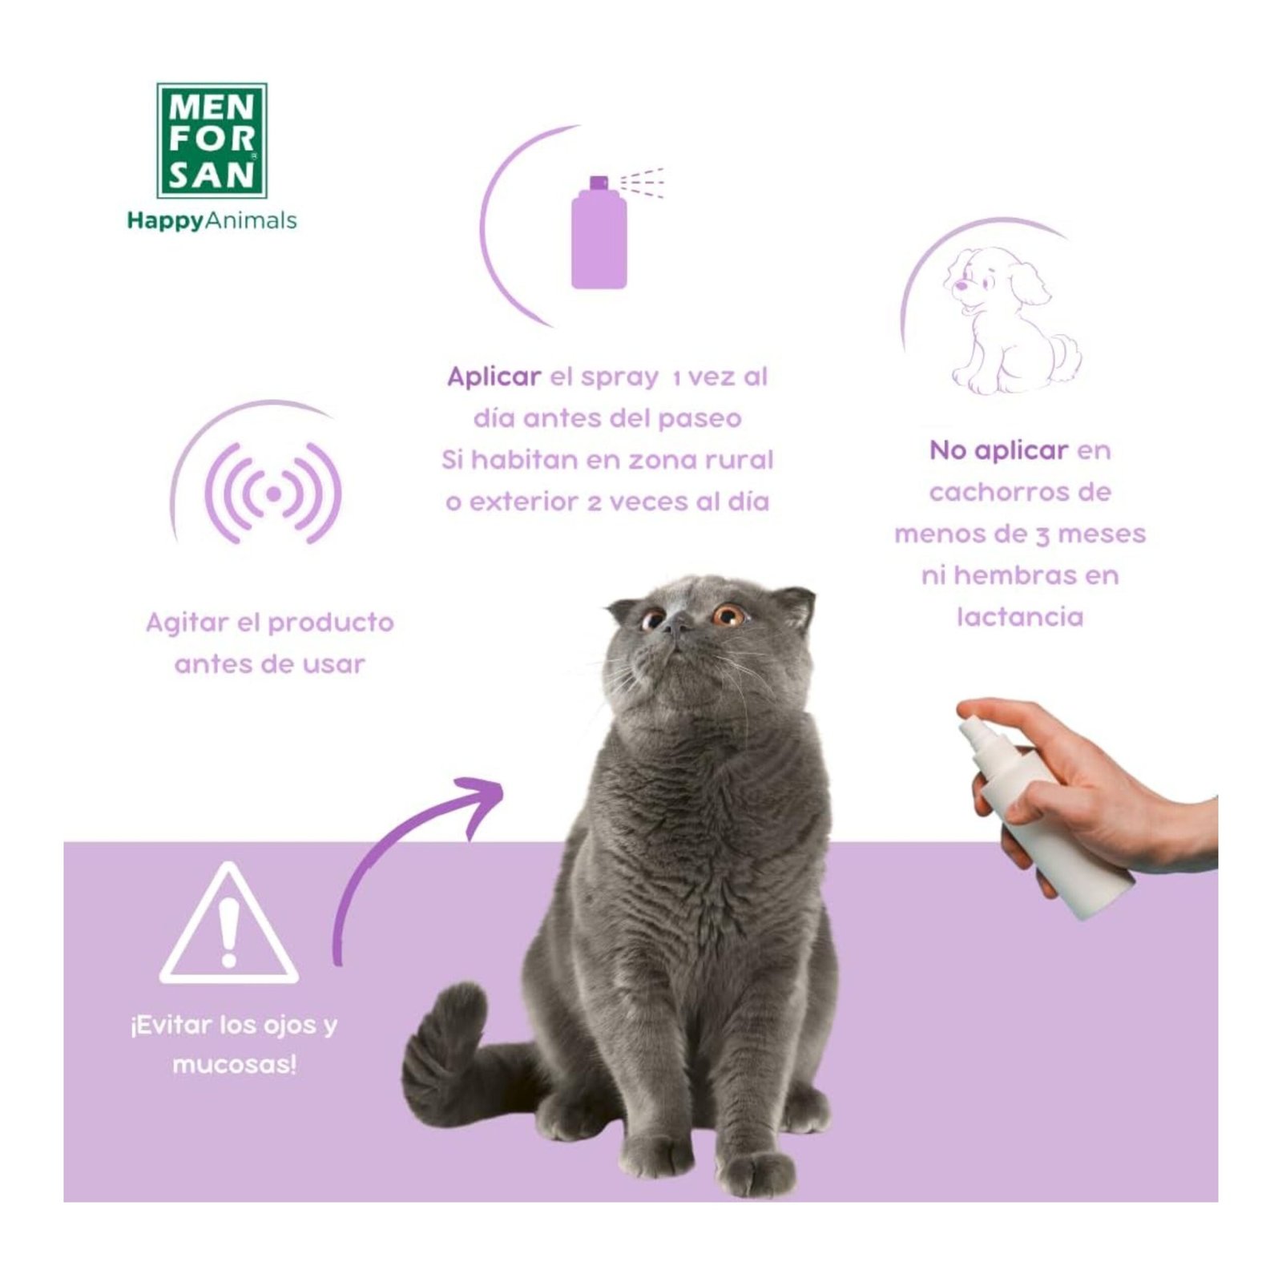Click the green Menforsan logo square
(212, 140)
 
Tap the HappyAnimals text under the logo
(212, 220)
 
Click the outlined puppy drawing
(1011, 320)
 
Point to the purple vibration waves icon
(273, 494)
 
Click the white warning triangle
(229, 923)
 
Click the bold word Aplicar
(494, 377)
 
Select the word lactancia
(1020, 617)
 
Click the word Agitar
(191, 623)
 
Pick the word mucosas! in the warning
(234, 1065)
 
